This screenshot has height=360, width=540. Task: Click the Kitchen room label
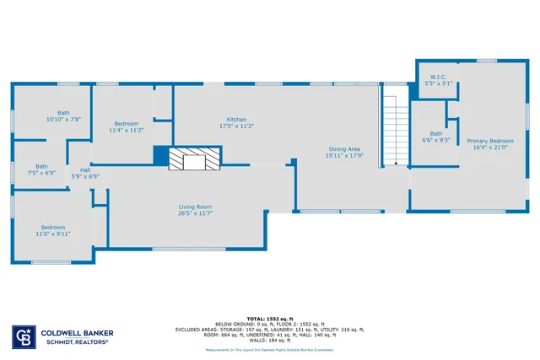(236, 119)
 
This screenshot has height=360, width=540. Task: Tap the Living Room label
(194, 207)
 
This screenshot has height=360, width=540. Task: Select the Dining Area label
(343, 149)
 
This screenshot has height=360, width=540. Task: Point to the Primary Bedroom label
(490, 141)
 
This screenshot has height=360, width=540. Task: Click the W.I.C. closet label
(438, 77)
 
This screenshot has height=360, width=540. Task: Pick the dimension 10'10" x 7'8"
(63, 120)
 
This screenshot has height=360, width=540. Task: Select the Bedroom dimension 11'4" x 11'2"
(127, 130)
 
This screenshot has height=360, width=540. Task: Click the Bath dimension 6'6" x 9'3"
(435, 140)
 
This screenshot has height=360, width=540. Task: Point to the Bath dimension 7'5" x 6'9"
(40, 173)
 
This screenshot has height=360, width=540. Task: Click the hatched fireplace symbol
(194, 159)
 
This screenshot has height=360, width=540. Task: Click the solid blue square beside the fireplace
(160, 156)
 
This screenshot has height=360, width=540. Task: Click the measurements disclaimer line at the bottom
(269, 349)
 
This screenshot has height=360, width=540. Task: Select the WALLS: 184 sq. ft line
(269, 340)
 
